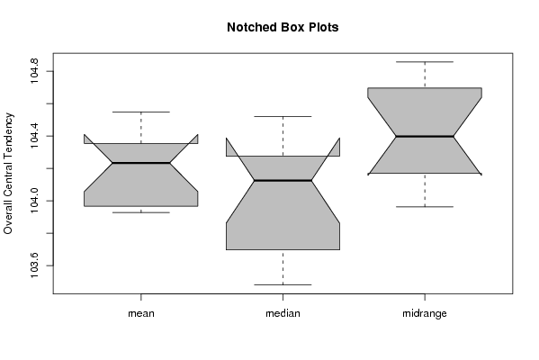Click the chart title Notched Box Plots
283,28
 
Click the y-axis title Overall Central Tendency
8,174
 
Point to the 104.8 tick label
34,71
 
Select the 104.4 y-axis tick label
34,136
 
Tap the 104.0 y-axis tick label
34,201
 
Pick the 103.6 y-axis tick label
34,265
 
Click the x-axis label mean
141,313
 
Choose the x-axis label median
283,313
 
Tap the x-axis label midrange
425,313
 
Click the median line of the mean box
141,163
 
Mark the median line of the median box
283,180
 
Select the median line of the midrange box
425,137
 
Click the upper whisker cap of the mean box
141,112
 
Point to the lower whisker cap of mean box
141,212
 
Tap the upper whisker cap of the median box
283,117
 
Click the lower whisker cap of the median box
283,284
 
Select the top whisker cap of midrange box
425,62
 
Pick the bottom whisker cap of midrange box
425,207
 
